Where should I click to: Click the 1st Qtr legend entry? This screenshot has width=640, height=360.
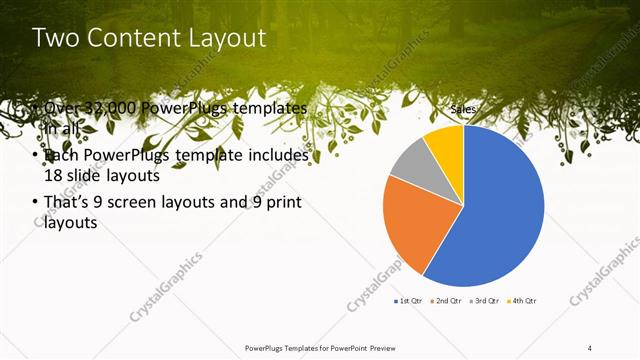tap(409, 301)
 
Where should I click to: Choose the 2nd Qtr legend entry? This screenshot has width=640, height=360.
tap(445, 301)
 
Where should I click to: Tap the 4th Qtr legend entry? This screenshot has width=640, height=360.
tap(523, 301)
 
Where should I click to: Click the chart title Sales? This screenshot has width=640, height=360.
tap(463, 109)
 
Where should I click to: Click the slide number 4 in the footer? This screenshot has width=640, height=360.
tap(590, 347)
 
